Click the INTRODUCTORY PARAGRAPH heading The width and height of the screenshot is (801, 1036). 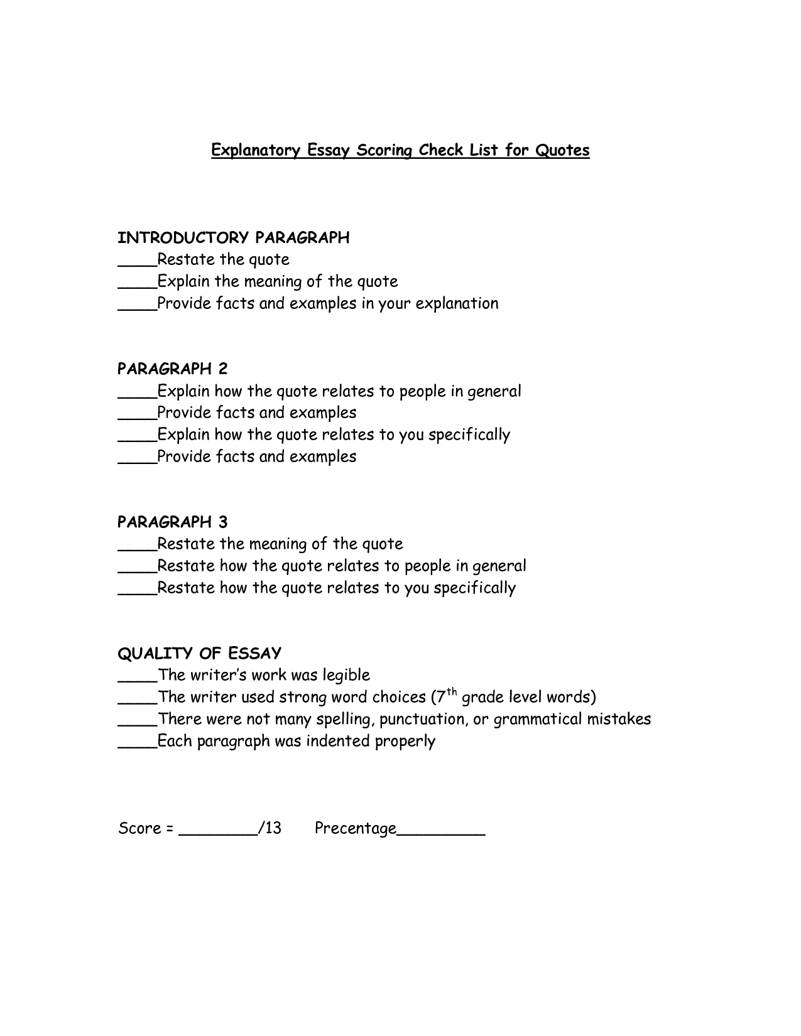click(234, 238)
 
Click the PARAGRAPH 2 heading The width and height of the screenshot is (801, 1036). click(173, 369)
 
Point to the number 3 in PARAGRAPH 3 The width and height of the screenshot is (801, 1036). click(223, 522)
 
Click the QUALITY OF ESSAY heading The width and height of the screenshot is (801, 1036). click(199, 654)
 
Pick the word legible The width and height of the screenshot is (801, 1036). click(346, 676)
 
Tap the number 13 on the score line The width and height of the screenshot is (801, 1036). click(273, 828)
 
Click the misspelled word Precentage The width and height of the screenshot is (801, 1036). click(355, 829)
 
